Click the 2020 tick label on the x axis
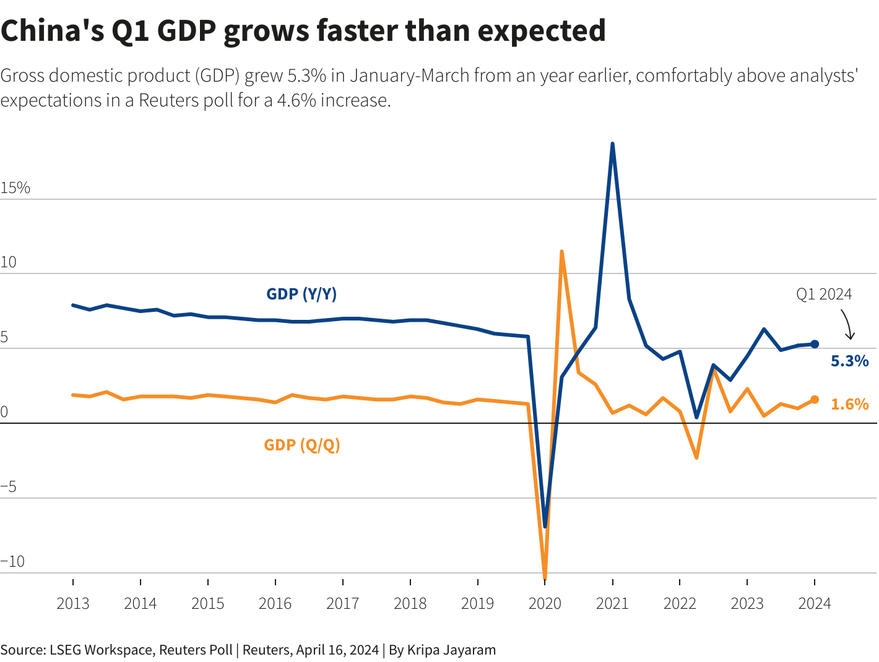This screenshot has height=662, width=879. pos(545,604)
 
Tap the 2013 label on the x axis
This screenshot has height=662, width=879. pos(73,604)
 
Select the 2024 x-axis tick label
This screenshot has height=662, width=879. pos(814,604)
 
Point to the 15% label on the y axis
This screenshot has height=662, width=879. pos(15,188)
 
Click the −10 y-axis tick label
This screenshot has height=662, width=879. pos(13,562)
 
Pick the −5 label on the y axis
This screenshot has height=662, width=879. pos(9,487)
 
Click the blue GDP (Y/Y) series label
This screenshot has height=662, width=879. pos(301,294)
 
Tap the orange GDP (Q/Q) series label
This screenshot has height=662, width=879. pos(302,445)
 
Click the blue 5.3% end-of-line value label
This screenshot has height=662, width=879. pos(849,361)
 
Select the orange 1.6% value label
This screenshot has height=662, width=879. pos(849,405)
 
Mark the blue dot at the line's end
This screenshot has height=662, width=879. pos(815,344)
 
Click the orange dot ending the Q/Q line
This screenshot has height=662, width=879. pos(815,400)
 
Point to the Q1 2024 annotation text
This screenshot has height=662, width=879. pos(824,294)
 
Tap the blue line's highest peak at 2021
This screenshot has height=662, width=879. pos(612,144)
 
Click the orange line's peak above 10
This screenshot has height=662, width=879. pos(561,252)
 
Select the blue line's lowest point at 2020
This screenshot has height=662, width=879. pos(545,527)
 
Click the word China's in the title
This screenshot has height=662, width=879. pos(52,31)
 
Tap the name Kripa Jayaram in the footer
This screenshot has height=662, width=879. pos(451,650)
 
